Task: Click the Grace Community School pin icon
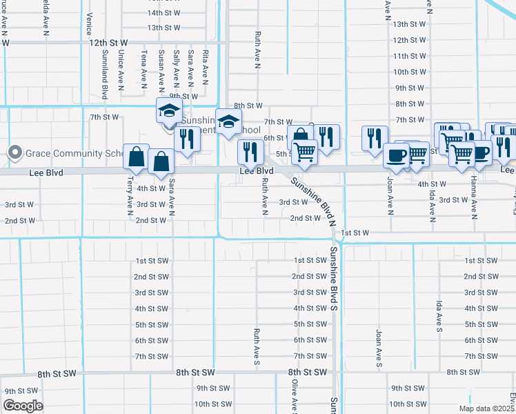tap(14, 153)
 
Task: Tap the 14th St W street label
tap(163, 12)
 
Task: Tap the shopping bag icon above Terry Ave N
tap(135, 156)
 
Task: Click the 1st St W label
tap(355, 233)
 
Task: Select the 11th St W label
tap(409, 56)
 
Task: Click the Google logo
tap(23, 406)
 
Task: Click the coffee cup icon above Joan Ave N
tap(397, 156)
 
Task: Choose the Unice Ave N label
tap(121, 68)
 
